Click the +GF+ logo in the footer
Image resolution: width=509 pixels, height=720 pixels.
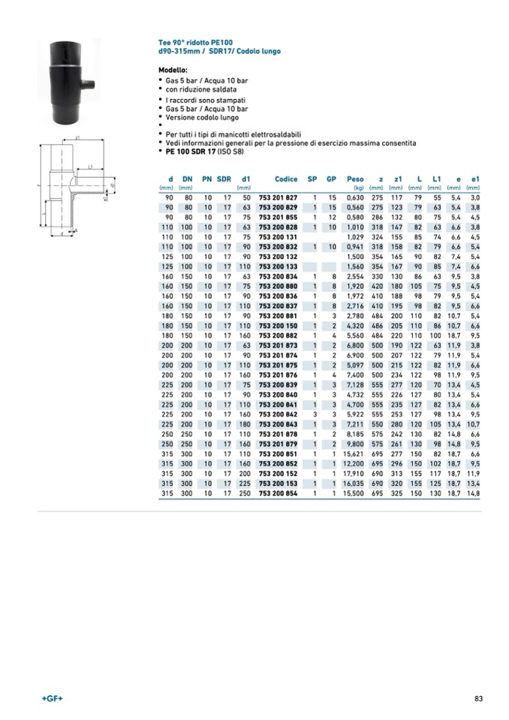52,700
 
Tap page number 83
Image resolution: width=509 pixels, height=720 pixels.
477,700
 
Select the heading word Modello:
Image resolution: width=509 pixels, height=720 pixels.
173,69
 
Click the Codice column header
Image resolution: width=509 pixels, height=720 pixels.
286,179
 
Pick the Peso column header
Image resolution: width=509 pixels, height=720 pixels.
355,179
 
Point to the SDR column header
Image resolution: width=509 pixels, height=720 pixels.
224,179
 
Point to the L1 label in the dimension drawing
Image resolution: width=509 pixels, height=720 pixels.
89,167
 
